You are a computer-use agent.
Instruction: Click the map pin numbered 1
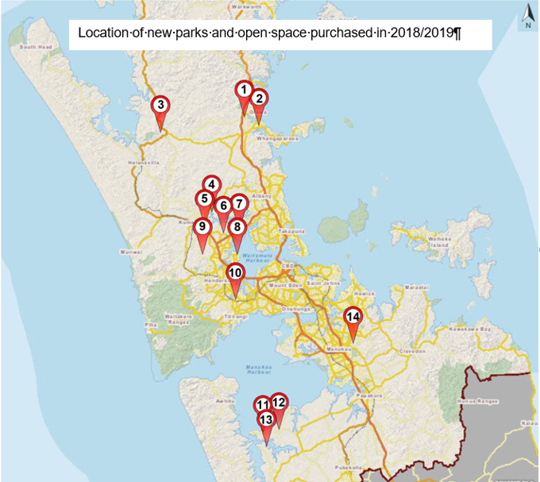point(245,91)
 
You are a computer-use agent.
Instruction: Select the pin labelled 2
point(258,99)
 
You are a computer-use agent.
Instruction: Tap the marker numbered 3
point(160,105)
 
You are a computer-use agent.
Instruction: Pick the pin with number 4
point(211,184)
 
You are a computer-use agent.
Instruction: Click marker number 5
point(204,199)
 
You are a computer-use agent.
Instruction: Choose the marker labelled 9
point(202,227)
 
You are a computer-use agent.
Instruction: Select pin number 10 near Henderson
point(235,272)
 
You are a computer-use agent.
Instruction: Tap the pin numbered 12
point(278,403)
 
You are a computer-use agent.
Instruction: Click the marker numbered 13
point(266,419)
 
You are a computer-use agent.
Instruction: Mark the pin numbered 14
point(353,317)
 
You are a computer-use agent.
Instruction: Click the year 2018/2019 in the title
point(429,34)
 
